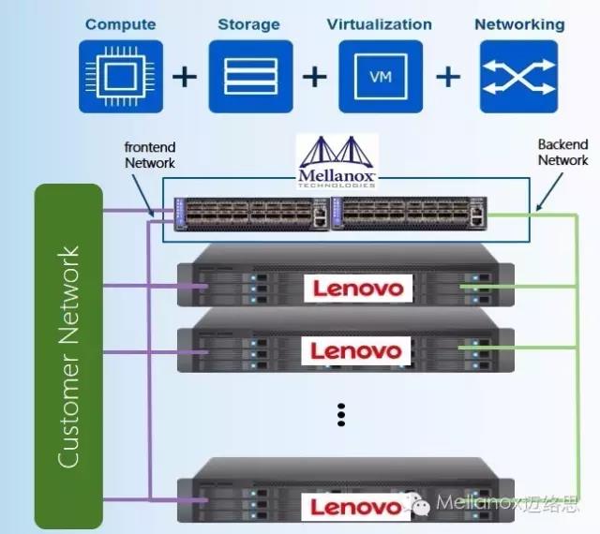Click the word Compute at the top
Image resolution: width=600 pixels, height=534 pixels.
coord(120,23)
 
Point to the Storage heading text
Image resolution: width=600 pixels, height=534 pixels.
coord(248,23)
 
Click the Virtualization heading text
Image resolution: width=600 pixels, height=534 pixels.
coord(380,23)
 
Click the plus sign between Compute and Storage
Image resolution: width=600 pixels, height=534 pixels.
coord(186,76)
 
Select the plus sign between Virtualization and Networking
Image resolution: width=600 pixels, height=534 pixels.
coord(451,76)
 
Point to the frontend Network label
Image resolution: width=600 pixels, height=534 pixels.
coord(150,155)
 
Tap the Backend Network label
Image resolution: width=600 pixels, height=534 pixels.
coord(562,153)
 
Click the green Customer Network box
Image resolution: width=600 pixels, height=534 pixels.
coord(68,356)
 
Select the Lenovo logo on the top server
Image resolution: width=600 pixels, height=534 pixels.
coord(357,288)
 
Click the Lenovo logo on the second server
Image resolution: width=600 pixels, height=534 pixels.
coord(357,351)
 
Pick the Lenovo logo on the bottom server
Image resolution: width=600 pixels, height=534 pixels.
coord(356,507)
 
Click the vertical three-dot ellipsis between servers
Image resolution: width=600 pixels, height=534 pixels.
coord(342,413)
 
